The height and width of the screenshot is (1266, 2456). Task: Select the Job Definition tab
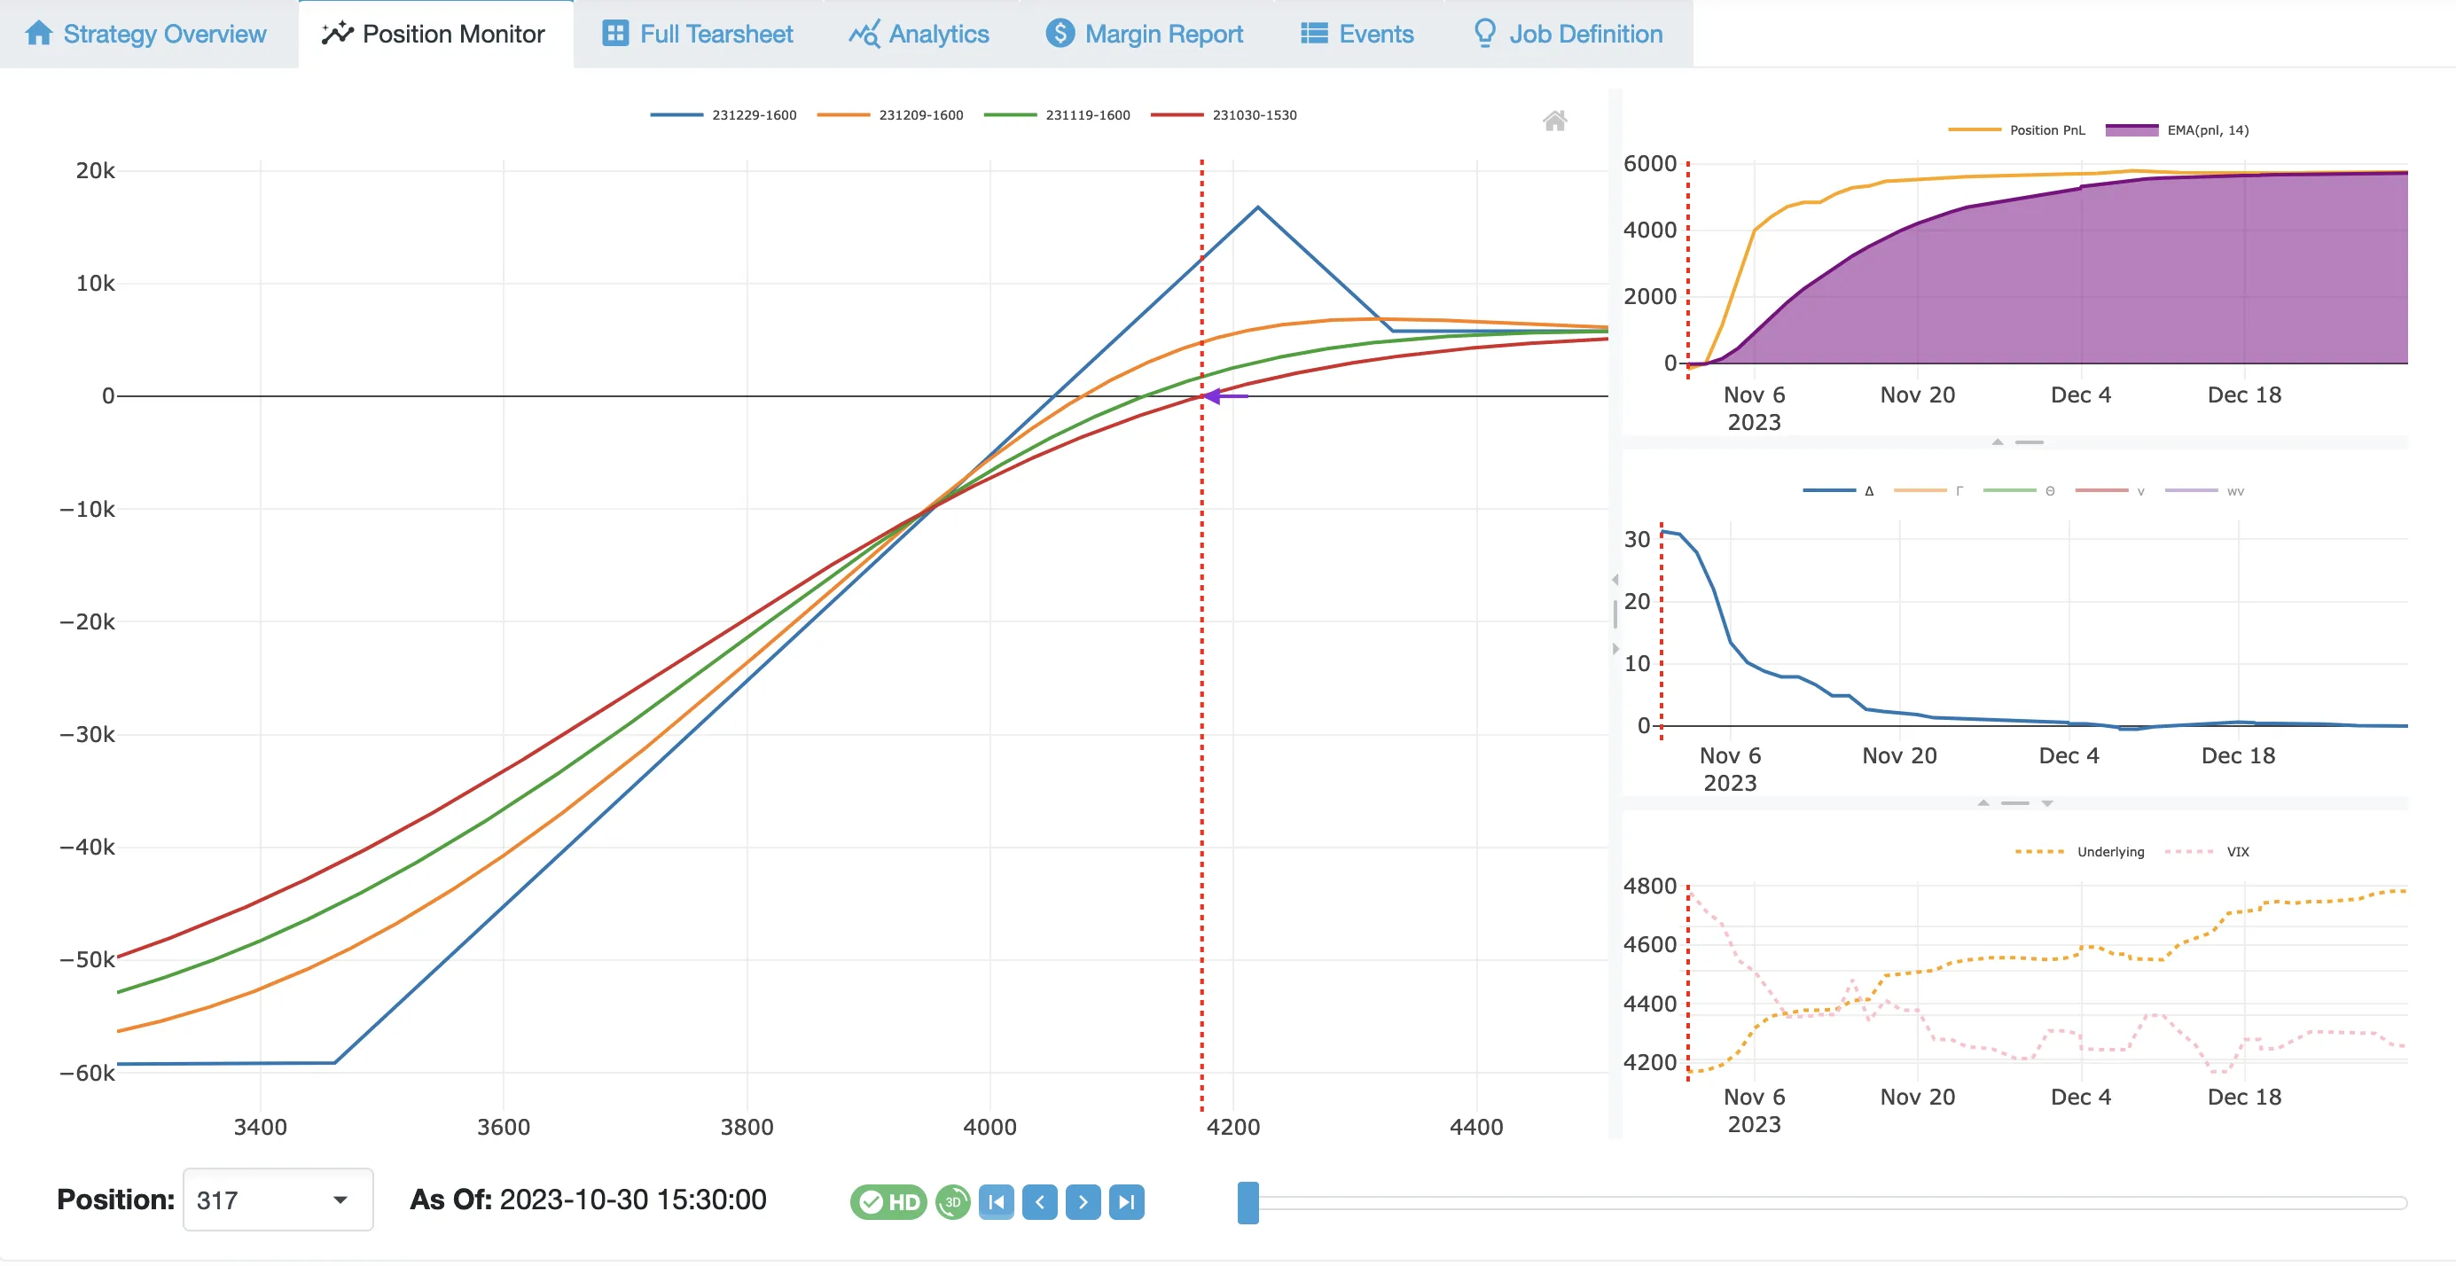coord(1568,35)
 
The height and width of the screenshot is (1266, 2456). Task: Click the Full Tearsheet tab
coord(698,35)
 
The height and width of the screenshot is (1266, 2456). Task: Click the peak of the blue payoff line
coord(1257,207)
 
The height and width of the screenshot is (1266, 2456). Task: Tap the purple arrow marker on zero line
coord(1215,395)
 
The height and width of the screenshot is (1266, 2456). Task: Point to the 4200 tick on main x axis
coord(1232,1127)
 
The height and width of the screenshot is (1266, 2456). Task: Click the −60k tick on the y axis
coord(88,1074)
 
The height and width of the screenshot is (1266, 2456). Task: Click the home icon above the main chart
coord(1555,121)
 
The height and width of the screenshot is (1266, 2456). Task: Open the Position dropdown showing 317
coord(278,1200)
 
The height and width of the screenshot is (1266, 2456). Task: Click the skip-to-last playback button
coord(1126,1202)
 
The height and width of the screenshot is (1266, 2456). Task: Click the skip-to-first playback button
coord(997,1202)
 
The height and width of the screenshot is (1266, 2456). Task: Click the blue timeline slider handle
coord(1248,1202)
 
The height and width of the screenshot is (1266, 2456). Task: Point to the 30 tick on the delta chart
coord(1637,540)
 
